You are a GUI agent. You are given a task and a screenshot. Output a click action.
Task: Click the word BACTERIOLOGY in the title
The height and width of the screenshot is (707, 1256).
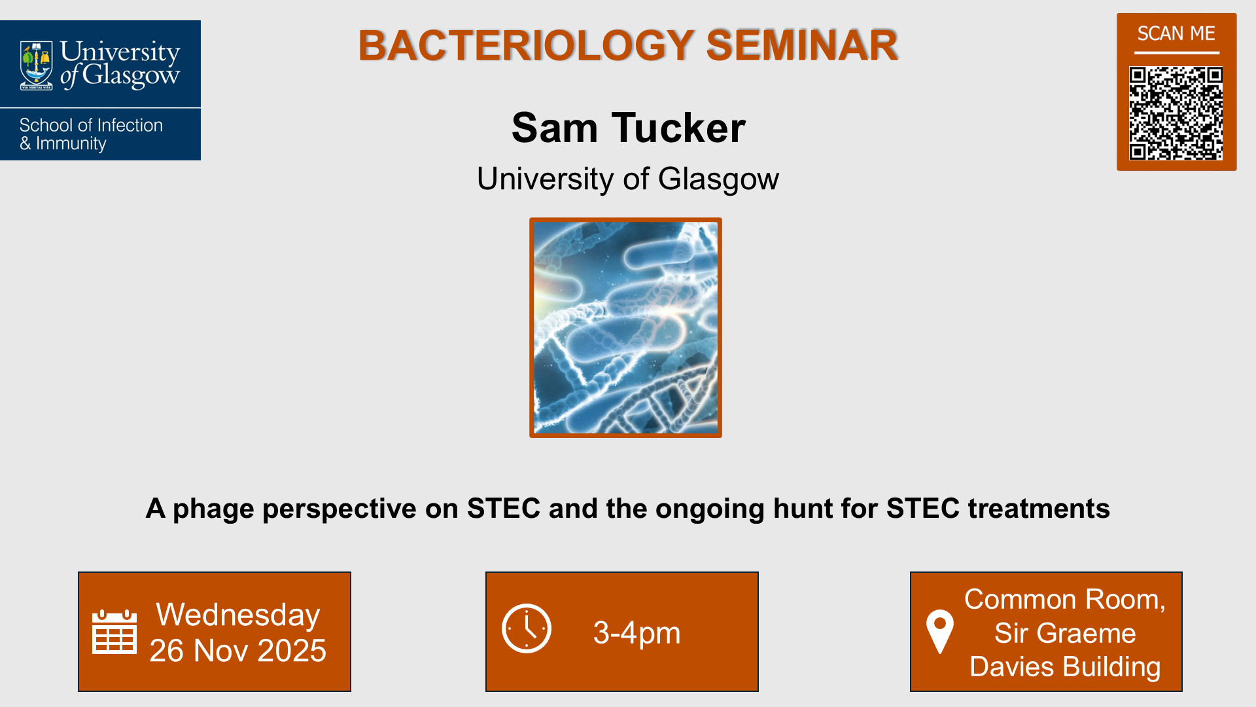click(x=525, y=46)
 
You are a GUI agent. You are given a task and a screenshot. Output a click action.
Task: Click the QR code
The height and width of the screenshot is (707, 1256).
click(x=1176, y=113)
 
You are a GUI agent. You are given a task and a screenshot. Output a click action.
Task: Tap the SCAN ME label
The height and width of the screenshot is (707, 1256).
click(x=1176, y=33)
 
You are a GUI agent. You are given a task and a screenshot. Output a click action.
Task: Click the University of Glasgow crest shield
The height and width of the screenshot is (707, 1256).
click(x=36, y=65)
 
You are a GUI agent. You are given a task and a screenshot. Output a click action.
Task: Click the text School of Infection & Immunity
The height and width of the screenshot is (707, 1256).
click(x=90, y=134)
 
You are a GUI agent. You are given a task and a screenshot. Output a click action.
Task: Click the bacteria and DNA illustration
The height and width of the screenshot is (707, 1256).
click(x=625, y=327)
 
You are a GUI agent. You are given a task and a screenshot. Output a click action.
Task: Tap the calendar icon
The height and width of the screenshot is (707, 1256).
click(x=114, y=632)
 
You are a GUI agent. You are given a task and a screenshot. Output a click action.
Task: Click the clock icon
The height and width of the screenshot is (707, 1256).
click(x=527, y=628)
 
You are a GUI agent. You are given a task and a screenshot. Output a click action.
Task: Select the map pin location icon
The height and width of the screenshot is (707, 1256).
click(x=939, y=631)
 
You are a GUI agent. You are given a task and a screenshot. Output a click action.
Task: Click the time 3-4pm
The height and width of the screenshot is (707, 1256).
click(x=637, y=633)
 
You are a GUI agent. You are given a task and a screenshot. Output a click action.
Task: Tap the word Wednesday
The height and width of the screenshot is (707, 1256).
click(x=238, y=615)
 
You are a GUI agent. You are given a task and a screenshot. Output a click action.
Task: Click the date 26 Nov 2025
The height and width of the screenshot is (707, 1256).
click(x=238, y=651)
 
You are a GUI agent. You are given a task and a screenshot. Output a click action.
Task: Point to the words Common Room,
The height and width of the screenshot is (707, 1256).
click(x=1064, y=600)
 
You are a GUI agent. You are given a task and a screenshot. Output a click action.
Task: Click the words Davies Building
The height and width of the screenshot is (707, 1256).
click(x=1064, y=666)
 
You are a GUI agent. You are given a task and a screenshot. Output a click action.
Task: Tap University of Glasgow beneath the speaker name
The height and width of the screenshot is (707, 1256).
click(x=627, y=179)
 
